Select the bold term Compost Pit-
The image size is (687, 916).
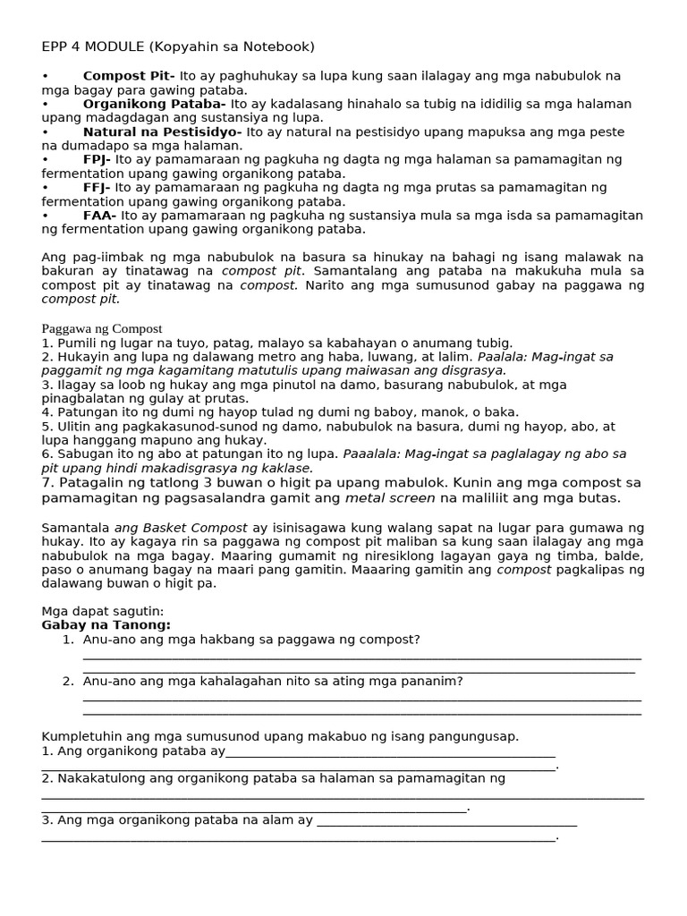click(129, 76)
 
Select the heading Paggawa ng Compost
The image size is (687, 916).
click(102, 328)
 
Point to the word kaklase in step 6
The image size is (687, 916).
click(286, 468)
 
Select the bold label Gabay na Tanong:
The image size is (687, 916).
click(106, 625)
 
